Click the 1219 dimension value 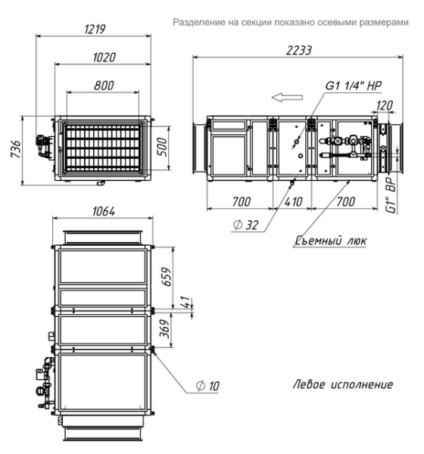(95, 29)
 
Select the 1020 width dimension (104, 57)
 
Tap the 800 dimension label (104, 86)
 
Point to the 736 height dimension (16, 149)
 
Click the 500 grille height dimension (163, 147)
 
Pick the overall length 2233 (299, 51)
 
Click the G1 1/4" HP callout (354, 86)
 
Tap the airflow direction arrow (287, 98)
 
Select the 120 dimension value (385, 106)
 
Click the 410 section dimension (293, 201)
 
